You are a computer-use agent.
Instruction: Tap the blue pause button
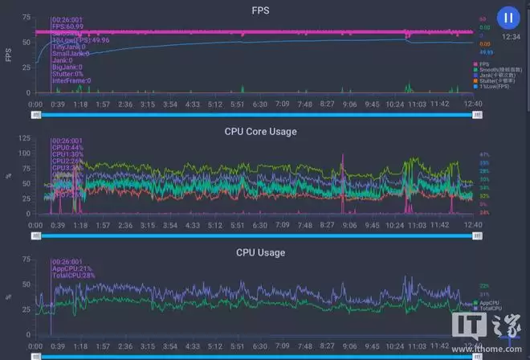[508, 17]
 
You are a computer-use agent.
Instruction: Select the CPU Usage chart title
[260, 252]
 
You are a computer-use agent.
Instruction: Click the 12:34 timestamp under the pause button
[509, 36]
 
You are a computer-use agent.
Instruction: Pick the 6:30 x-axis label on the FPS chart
[259, 104]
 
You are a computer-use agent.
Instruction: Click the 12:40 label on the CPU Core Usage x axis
[472, 226]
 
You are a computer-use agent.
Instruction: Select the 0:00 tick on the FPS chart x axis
[35, 104]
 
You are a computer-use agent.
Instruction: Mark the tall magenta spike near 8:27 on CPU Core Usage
[343, 181]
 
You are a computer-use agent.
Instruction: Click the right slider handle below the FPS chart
[478, 115]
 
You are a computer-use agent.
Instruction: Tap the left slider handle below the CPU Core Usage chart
[35, 236]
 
